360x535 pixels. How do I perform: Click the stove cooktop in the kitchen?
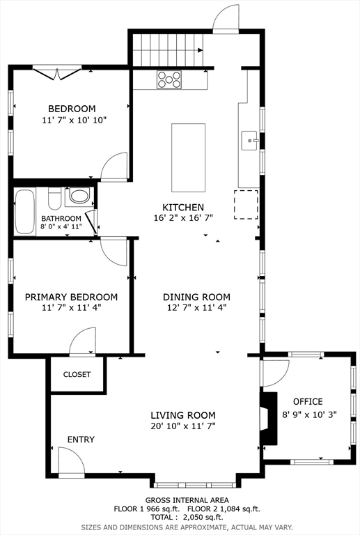[x=169, y=79]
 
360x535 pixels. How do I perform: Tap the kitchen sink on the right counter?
[x=250, y=141]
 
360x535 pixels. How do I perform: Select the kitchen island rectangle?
[x=188, y=157]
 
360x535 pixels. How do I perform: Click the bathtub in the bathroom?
[x=25, y=212]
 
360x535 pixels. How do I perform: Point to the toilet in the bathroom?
[x=54, y=199]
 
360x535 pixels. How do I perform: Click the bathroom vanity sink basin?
[x=79, y=196]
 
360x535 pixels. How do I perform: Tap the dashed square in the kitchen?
[x=246, y=205]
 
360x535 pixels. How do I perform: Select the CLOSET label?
[x=77, y=374]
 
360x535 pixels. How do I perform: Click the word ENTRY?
[x=81, y=440]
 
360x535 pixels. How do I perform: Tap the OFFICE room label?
[x=308, y=401]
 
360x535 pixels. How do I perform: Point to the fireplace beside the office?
[x=269, y=418]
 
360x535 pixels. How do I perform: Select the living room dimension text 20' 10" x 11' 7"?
[x=183, y=426]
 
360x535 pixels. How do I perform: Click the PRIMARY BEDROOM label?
[x=71, y=297]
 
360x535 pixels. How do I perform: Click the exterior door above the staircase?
[x=226, y=19]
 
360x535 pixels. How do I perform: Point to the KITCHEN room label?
[x=183, y=207]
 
